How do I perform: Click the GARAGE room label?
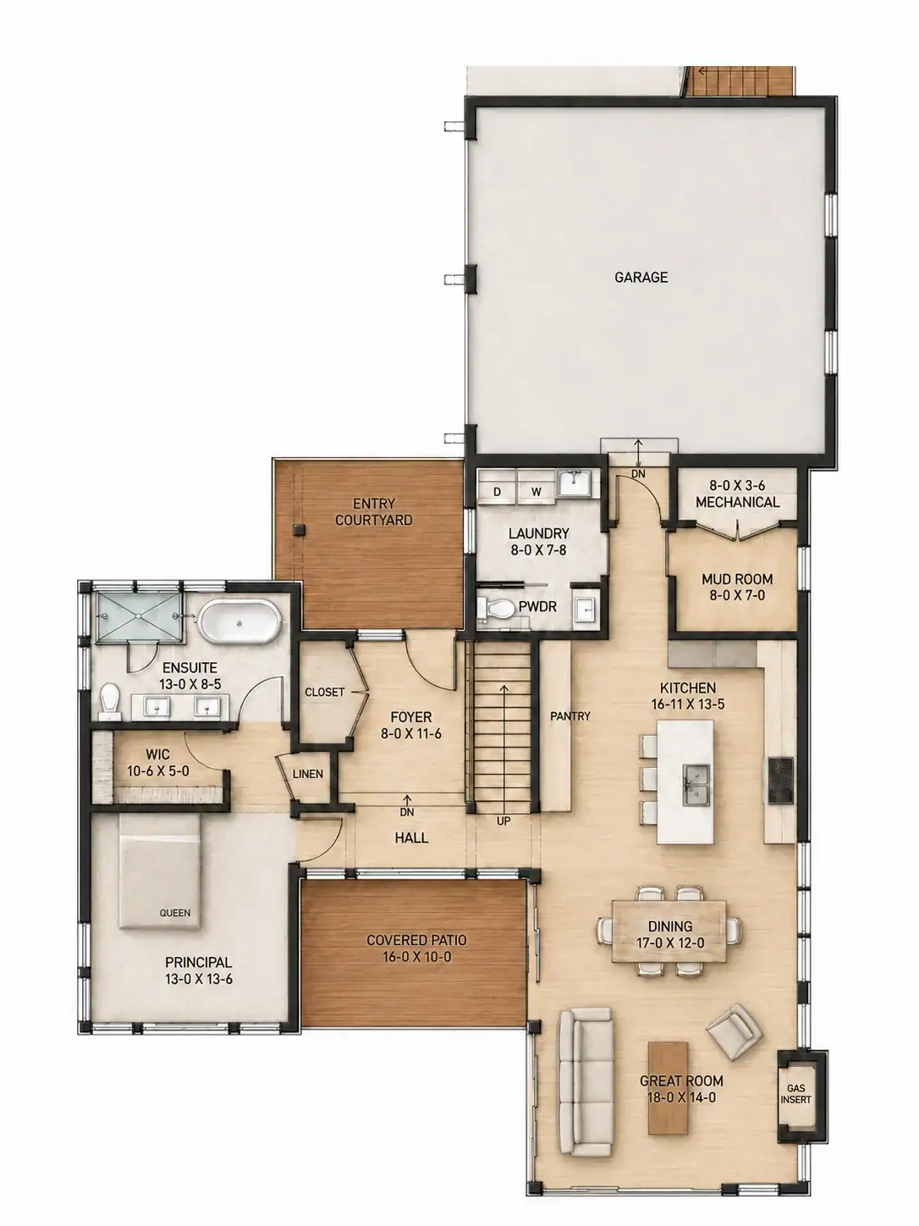coord(641,277)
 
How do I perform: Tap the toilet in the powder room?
coord(496,608)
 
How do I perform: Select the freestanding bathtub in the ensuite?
coord(240,622)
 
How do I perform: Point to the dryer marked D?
coord(497,492)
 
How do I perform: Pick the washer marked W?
coord(537,492)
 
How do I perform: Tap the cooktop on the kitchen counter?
coord(781,780)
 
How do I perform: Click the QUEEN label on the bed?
coord(175,913)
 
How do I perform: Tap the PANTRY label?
coord(570,716)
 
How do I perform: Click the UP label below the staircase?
coord(504,821)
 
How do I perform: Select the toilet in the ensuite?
coord(110,702)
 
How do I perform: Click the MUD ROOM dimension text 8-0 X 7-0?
coord(737,595)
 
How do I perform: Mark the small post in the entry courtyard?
coord(300,529)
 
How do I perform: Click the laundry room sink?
coord(575,482)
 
